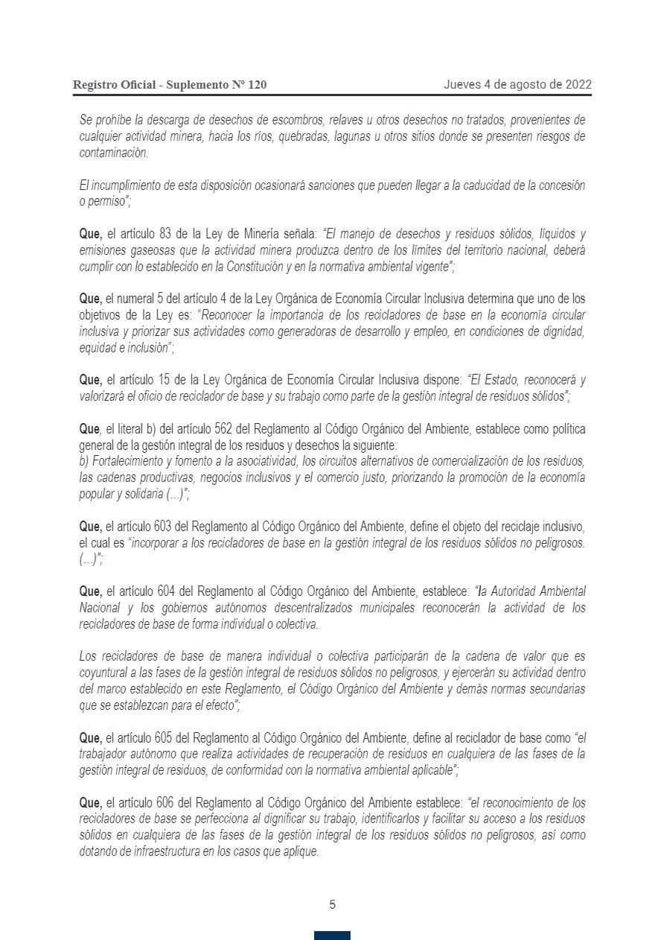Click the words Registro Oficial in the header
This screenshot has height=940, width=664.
coord(113,85)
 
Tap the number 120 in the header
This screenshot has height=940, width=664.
coord(256,85)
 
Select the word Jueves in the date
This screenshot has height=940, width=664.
coord(462,84)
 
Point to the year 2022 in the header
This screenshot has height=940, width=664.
coord(578,84)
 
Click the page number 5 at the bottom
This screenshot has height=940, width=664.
coord(332,905)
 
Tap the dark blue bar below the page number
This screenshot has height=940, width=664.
coord(332,935)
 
